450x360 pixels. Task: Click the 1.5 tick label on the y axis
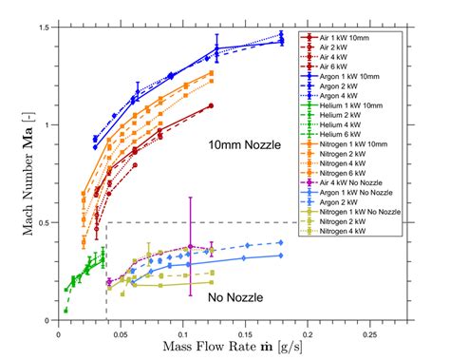click(45, 28)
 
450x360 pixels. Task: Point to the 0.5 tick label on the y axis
click(45, 223)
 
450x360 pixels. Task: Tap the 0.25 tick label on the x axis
click(367, 332)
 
